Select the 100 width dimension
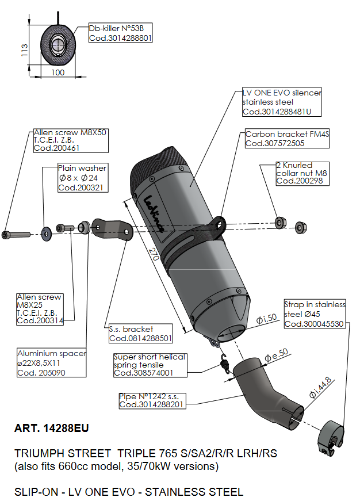tap(58, 72)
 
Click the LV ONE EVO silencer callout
tap(281, 102)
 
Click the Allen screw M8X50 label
tap(70, 140)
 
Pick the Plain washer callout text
tap(82, 178)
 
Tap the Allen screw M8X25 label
tap(40, 308)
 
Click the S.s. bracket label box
tap(140, 334)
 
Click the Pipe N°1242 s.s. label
tap(151, 400)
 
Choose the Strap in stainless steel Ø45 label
tap(314, 314)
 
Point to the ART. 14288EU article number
tap(52, 429)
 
